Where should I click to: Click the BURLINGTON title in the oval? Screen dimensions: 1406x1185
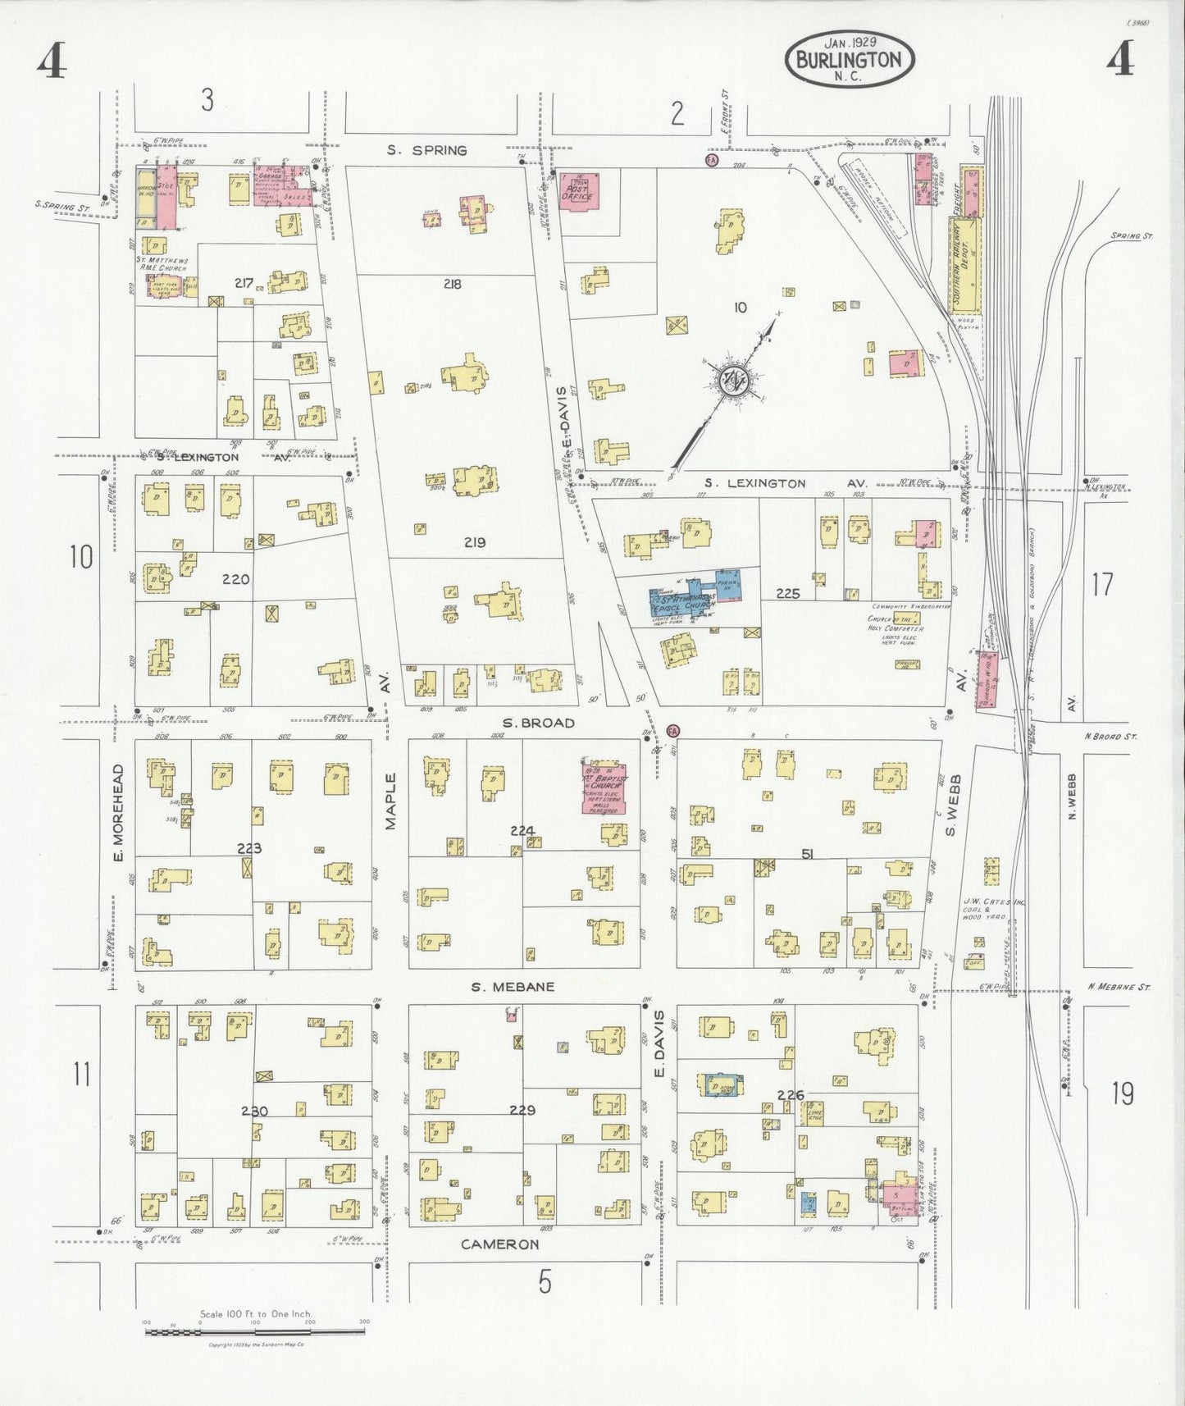(x=850, y=60)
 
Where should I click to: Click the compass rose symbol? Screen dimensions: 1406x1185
(x=732, y=380)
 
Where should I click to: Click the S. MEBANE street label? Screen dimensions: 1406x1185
(x=513, y=987)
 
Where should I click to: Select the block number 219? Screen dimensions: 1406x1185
(x=474, y=542)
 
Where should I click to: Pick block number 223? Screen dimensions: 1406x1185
(x=249, y=848)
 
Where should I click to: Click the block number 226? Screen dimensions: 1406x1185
(x=790, y=1094)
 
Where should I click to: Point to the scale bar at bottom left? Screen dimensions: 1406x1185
(x=254, y=1332)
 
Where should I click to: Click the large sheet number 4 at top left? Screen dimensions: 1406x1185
(x=51, y=62)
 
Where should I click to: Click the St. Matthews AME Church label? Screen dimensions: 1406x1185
(x=162, y=263)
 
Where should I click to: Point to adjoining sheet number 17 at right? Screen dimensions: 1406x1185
(x=1101, y=585)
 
